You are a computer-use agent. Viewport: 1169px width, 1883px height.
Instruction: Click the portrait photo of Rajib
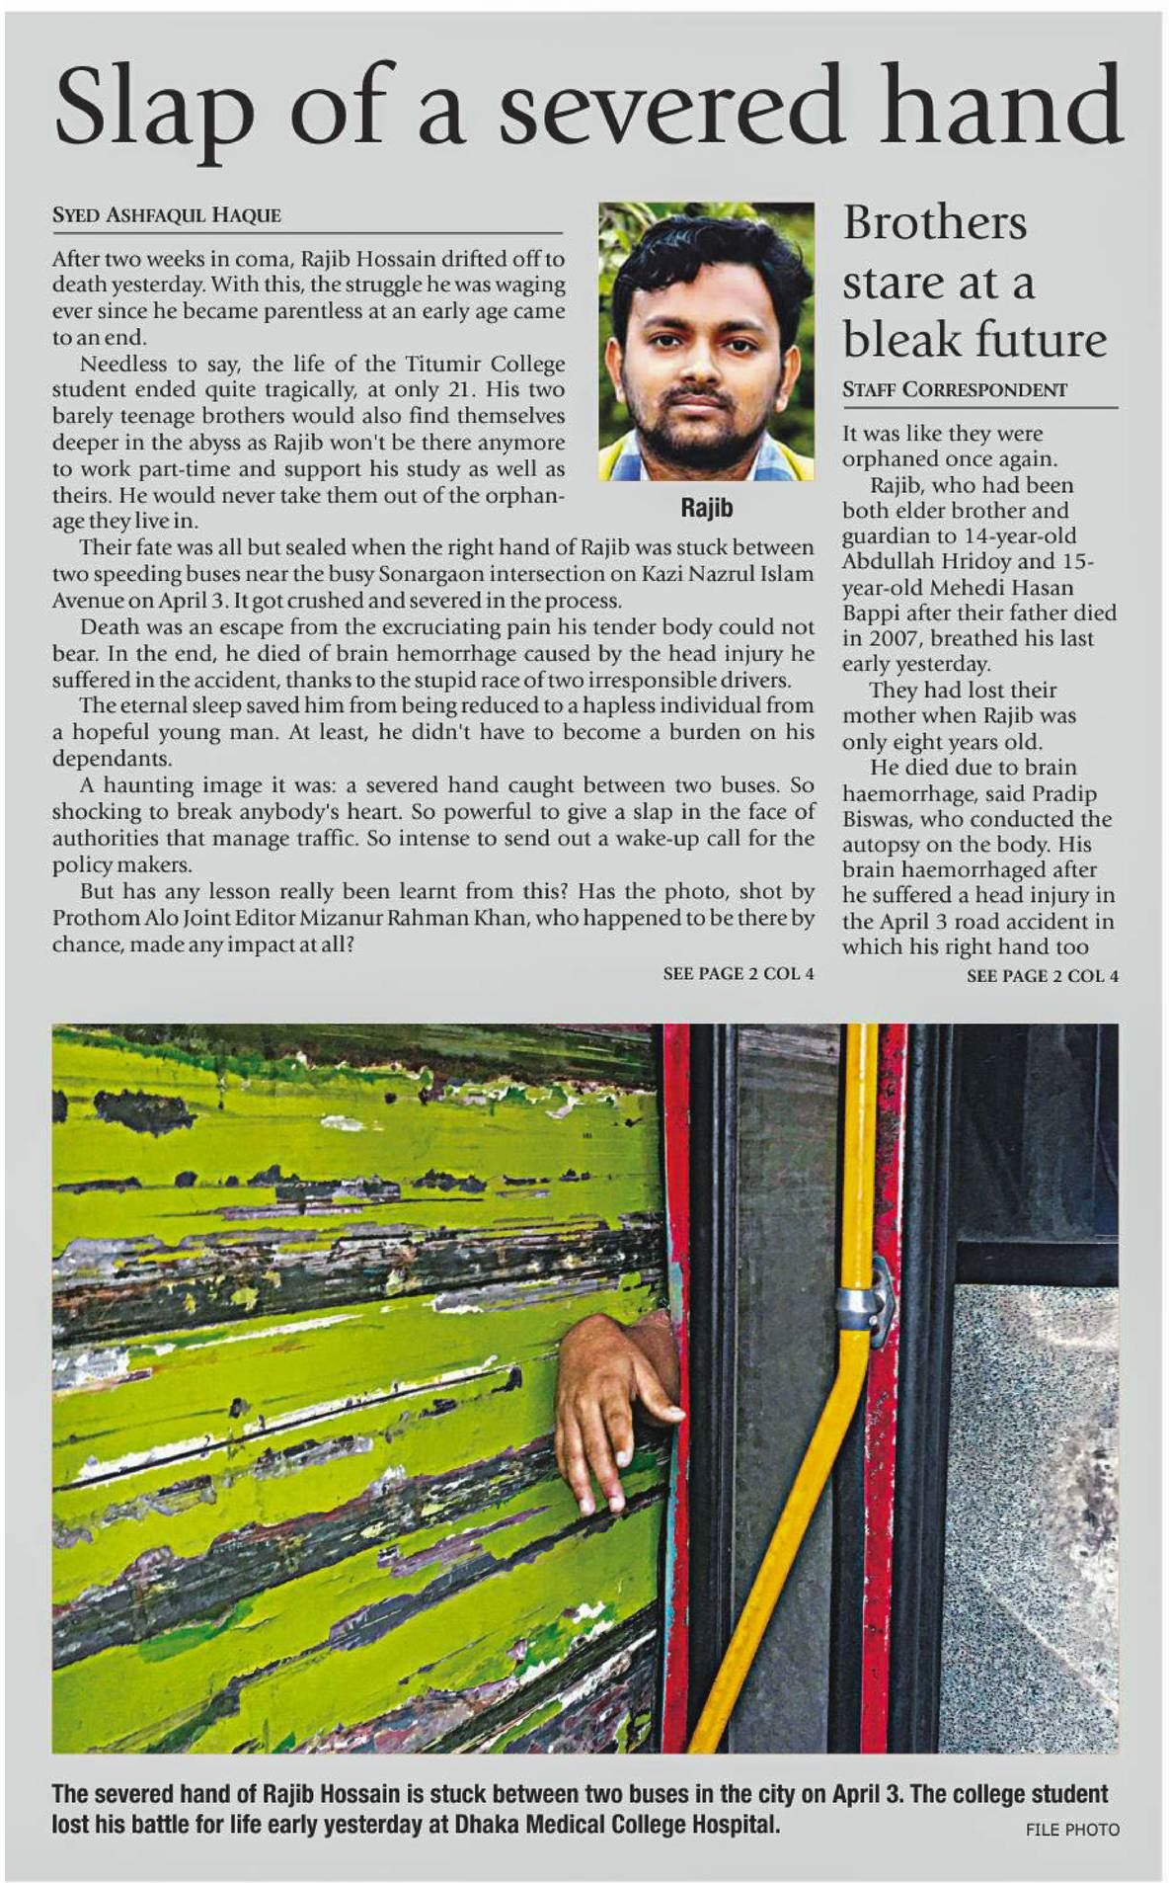coord(706,341)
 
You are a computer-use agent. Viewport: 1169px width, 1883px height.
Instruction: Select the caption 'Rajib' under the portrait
coord(706,508)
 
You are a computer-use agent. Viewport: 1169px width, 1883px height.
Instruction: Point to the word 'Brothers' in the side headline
coord(934,223)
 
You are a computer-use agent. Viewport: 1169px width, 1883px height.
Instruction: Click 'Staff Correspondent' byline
coord(954,390)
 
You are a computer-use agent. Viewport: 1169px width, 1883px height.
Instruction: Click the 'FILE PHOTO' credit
coord(1072,1830)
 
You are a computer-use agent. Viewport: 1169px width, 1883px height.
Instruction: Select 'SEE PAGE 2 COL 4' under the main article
coord(738,974)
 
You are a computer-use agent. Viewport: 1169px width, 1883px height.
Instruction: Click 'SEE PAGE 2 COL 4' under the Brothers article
coord(1042,976)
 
